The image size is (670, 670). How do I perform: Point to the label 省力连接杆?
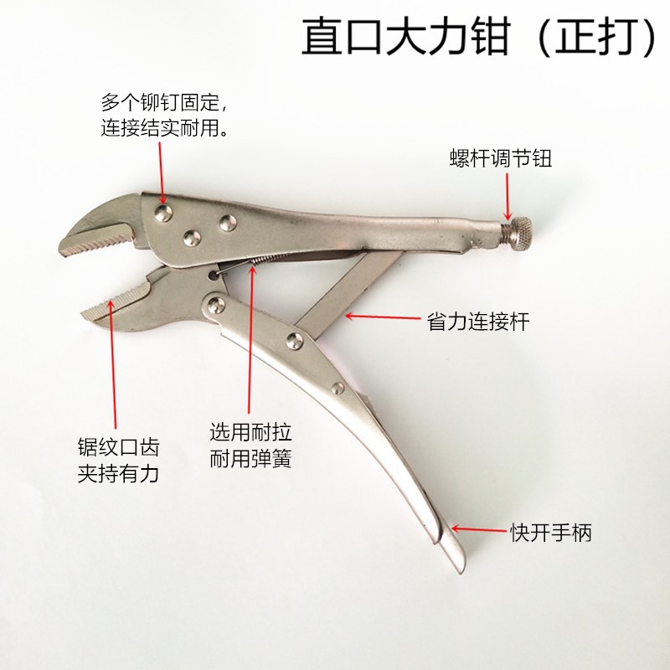click(478, 321)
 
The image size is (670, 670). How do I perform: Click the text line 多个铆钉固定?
click(162, 104)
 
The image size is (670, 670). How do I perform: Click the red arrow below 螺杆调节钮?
click(507, 196)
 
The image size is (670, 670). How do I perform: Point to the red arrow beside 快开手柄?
click(478, 529)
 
